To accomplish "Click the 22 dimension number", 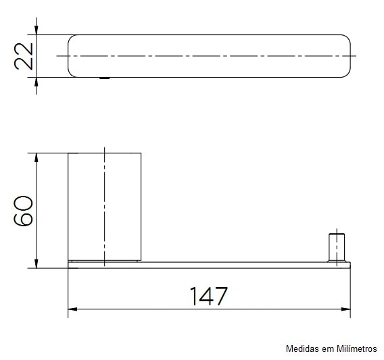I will coord(24,55).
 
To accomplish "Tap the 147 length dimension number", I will coord(208,296).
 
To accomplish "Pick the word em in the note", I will coord(327,349).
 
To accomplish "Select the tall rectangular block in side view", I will coord(105,207).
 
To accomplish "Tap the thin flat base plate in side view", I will coord(210,265).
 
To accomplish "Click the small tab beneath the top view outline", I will coord(104,78).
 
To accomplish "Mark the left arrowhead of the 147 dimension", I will coord(72,309).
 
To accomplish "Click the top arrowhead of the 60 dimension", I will coord(37,157).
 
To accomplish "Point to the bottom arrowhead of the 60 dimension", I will coord(37,263).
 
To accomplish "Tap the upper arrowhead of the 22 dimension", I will coord(37,30).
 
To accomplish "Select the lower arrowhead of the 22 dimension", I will coord(37,80).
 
